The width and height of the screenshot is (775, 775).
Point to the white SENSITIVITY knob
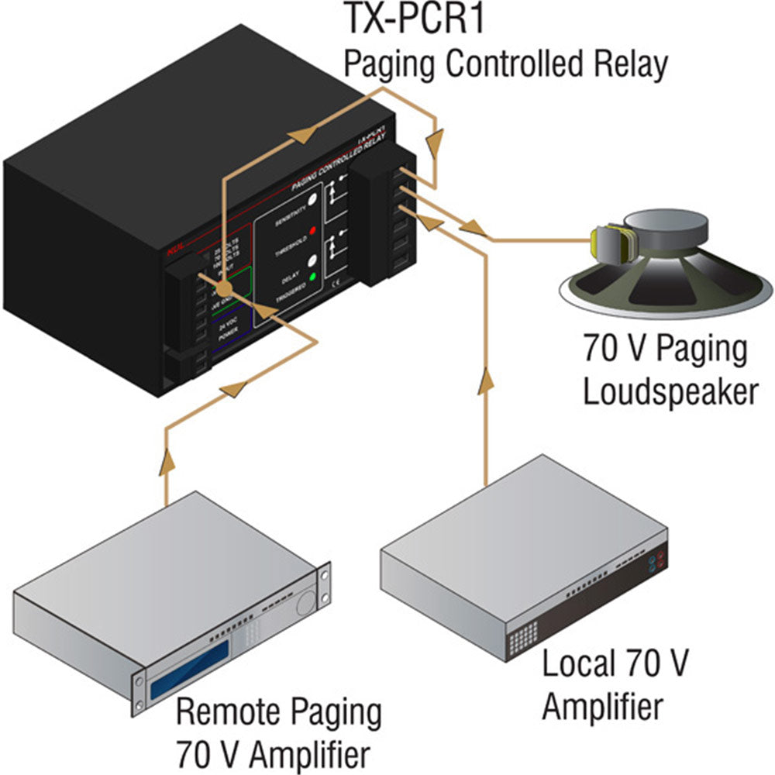click(312, 200)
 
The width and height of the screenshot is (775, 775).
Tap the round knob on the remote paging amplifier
click(306, 601)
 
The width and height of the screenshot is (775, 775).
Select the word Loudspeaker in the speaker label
click(669, 391)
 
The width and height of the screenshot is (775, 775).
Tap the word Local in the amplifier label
click(575, 664)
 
